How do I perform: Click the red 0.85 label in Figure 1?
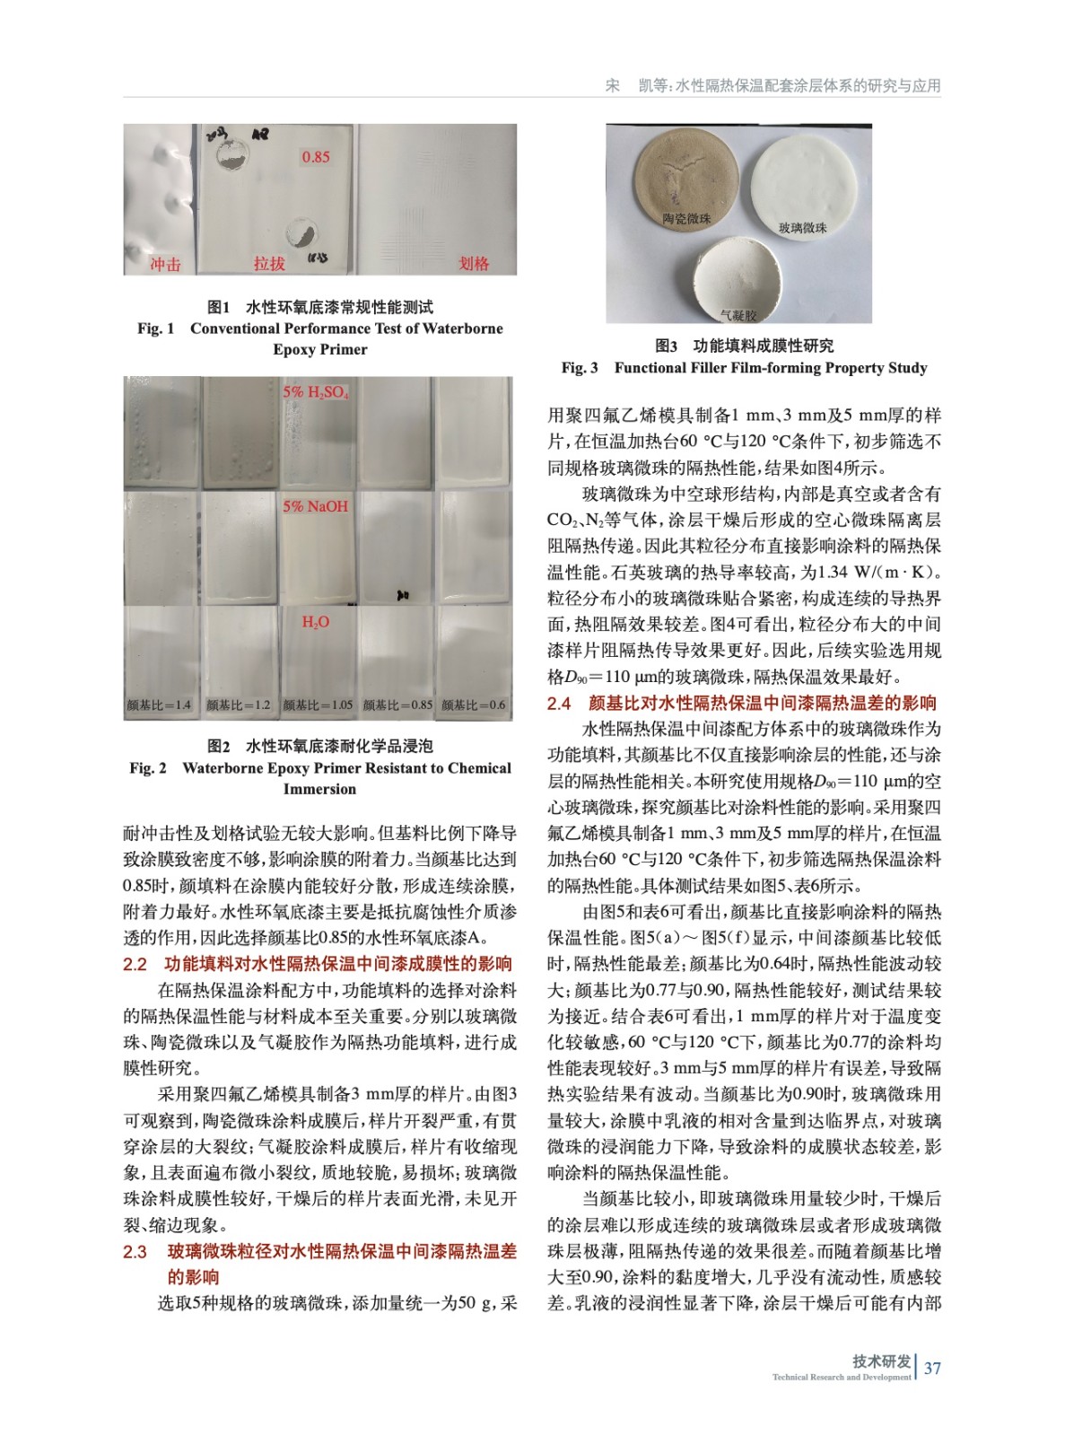[x=315, y=157]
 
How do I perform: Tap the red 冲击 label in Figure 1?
[x=165, y=264]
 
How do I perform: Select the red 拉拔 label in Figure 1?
[x=269, y=263]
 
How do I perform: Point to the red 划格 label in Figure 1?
[x=474, y=263]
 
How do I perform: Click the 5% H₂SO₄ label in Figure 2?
[x=316, y=392]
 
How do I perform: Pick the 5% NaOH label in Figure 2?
[x=315, y=506]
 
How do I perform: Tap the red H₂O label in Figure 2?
[x=315, y=622]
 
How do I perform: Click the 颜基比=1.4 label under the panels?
[x=159, y=705]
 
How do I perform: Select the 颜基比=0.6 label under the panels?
[x=474, y=705]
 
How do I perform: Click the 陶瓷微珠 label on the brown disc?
[x=686, y=218]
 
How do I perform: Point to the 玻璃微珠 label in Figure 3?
[x=802, y=228]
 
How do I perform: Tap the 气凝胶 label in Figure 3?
[x=738, y=315]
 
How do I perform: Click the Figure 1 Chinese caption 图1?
[x=219, y=307]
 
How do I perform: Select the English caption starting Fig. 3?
[x=744, y=368]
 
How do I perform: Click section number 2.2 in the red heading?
[x=135, y=964]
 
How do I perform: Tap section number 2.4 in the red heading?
[x=559, y=703]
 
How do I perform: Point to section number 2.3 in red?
[x=135, y=1251]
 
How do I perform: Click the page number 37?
[x=932, y=1368]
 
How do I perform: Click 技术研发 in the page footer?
[x=881, y=1362]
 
